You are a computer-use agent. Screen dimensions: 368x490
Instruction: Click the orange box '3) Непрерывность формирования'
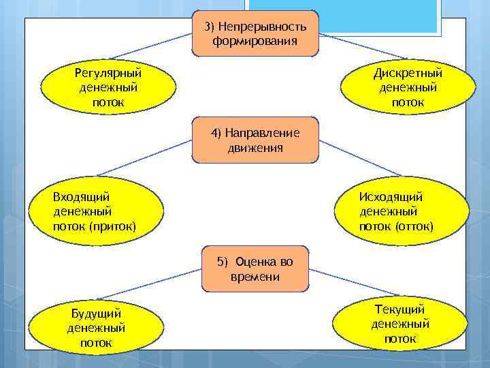(255, 33)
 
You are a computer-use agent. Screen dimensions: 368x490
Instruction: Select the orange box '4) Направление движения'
(255, 140)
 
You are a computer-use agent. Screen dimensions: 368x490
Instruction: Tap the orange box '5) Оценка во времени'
(255, 269)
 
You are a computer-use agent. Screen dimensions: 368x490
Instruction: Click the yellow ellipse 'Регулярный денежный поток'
(108, 87)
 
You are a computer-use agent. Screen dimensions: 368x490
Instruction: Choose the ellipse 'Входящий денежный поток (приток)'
(99, 211)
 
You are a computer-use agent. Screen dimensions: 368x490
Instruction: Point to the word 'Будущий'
(96, 313)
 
